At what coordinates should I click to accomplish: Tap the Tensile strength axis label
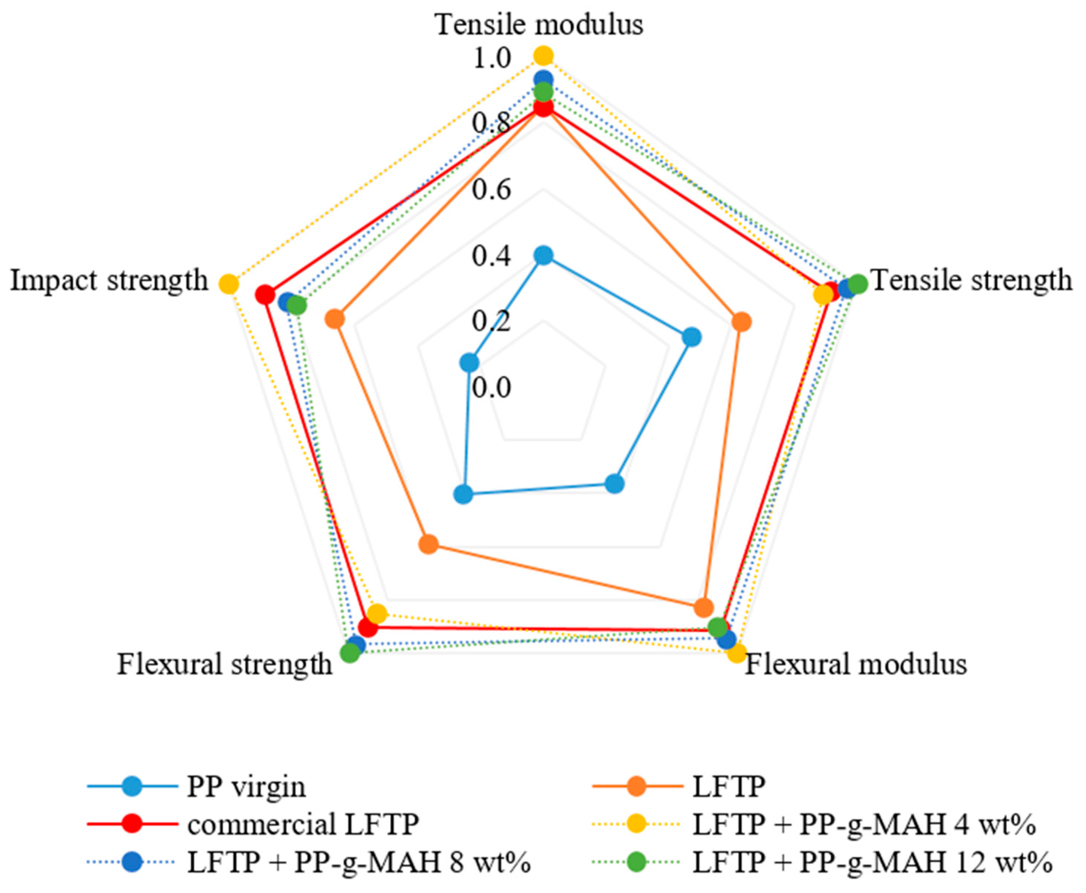click(972, 281)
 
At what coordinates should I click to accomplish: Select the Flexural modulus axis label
click(856, 664)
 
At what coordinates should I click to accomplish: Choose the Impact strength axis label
click(109, 281)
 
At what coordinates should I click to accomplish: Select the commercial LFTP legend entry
click(303, 824)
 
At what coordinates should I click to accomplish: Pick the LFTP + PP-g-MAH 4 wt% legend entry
click(864, 824)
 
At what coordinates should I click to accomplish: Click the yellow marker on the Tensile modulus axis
click(543, 55)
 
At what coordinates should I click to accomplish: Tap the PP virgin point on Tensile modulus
click(543, 255)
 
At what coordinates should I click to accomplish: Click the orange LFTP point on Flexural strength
click(428, 544)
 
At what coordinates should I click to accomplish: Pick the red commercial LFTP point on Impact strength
click(265, 295)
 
